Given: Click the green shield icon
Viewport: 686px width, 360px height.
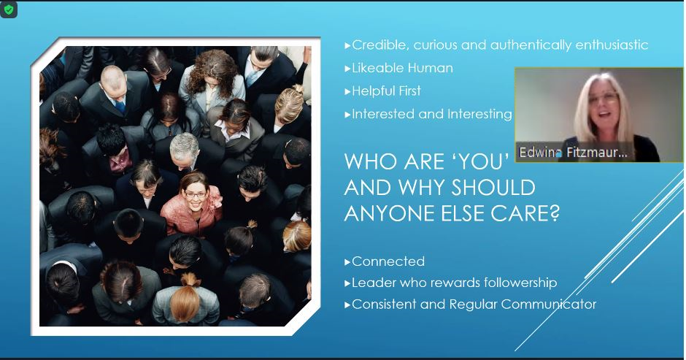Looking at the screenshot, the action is [8, 9].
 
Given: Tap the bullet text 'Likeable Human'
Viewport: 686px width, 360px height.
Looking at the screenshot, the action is [402, 68].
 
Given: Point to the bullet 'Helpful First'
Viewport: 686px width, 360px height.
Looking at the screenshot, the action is [386, 91].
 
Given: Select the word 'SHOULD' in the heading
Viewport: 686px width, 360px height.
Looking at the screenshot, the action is [493, 188].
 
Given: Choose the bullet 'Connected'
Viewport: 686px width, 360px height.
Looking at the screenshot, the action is [388, 261].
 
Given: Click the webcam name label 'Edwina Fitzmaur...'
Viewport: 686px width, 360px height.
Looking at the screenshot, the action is [573, 153].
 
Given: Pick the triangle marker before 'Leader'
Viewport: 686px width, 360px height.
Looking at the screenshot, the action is [347, 283].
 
